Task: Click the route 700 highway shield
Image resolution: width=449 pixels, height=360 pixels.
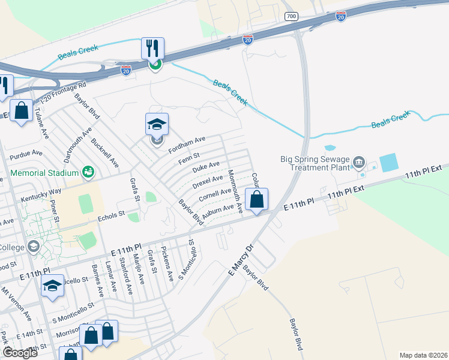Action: (292, 16)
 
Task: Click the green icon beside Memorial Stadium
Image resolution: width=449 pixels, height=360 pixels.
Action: (88, 172)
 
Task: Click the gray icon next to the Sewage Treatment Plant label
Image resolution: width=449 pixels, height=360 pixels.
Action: (359, 161)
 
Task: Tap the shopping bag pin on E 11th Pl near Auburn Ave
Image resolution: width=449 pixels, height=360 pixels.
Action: (256, 200)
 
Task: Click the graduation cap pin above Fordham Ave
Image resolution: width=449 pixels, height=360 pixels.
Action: (157, 125)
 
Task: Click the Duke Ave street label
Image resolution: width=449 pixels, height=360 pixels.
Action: (206, 166)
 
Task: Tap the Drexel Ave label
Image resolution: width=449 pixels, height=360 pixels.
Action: (208, 180)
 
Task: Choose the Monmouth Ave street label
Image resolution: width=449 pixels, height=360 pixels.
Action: (235, 191)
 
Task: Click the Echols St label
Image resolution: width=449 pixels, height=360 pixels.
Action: (111, 214)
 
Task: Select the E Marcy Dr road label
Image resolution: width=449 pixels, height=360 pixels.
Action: (241, 260)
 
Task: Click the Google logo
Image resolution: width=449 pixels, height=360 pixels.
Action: (20, 353)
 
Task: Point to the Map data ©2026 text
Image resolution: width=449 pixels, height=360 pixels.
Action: (423, 355)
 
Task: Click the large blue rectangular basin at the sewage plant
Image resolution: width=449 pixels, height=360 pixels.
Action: (388, 163)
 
